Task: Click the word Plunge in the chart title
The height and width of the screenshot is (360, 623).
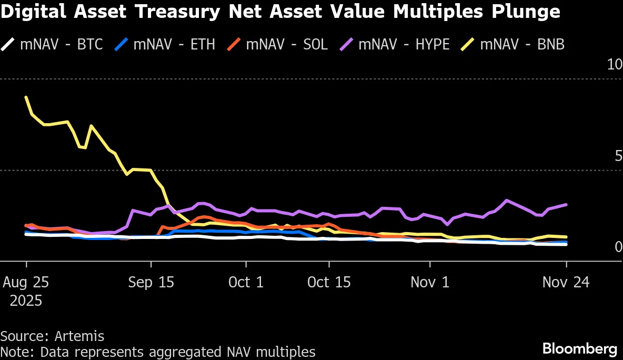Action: click(x=521, y=12)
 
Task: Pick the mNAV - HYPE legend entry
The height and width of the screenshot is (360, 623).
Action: click(x=403, y=44)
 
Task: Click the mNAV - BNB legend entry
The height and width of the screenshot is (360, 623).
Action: click(x=521, y=44)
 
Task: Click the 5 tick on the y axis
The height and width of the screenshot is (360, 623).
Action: click(x=618, y=156)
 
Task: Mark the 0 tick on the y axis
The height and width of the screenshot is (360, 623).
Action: click(x=618, y=247)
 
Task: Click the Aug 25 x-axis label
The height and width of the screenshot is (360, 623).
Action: click(x=26, y=283)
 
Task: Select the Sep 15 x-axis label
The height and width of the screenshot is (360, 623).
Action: click(x=151, y=283)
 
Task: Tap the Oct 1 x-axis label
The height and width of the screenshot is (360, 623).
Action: click(x=246, y=283)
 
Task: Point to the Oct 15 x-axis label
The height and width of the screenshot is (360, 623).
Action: click(x=329, y=283)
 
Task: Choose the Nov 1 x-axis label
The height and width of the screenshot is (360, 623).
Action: click(x=430, y=283)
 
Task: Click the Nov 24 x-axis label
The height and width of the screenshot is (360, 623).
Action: click(x=566, y=283)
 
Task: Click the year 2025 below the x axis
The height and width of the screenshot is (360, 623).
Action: click(x=26, y=301)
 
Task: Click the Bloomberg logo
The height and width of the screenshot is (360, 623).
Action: click(x=579, y=348)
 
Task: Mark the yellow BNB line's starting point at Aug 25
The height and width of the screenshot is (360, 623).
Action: click(x=26, y=97)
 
